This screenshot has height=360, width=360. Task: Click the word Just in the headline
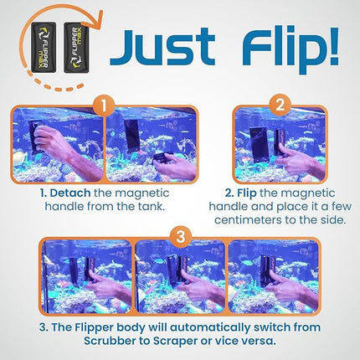[x=158, y=49]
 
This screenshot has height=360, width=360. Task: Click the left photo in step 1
[x=58, y=148]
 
